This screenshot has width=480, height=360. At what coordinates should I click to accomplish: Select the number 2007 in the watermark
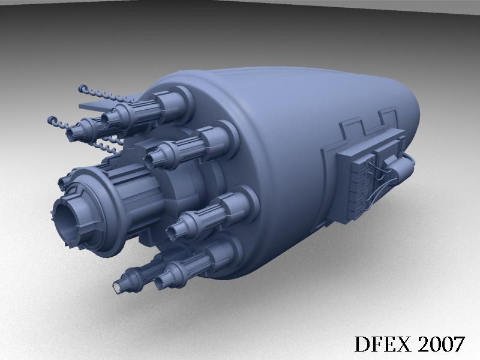tap(441, 344)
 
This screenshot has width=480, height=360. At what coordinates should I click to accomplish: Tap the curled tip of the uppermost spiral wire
tap(83, 89)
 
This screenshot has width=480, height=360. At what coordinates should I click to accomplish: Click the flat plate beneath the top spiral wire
tap(97, 107)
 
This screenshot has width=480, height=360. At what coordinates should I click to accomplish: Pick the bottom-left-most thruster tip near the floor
tap(118, 288)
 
